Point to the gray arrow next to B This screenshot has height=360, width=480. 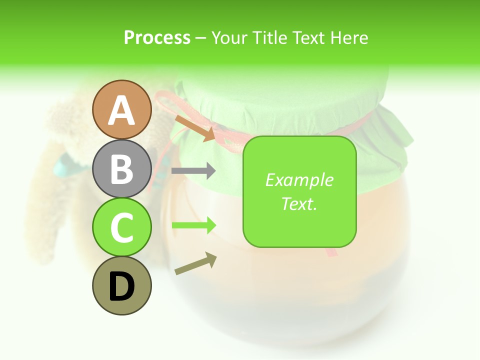coord(193,171)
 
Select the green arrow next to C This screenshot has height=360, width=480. coord(194,225)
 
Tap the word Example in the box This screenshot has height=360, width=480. coord(299,180)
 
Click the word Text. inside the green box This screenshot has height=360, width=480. coord(299,204)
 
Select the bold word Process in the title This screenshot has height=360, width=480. coord(157,38)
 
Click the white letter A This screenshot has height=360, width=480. coord(121,111)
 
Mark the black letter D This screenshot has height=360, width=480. coord(121,286)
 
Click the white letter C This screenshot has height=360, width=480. coord(121,227)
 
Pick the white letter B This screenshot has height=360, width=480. coord(121,169)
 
